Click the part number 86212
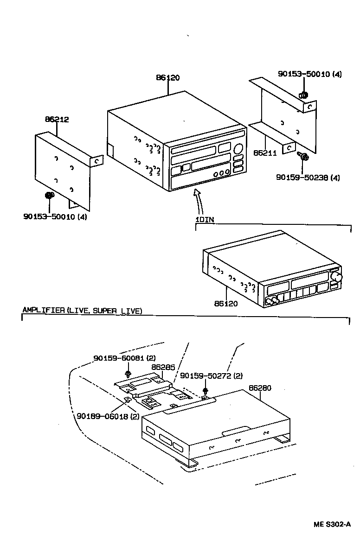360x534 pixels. point(57,120)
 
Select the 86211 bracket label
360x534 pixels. point(265,152)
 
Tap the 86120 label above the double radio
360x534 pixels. point(167,78)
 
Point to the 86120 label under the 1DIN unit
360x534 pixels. point(226,304)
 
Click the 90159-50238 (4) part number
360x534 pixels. point(309,177)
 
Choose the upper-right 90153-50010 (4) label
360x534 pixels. point(309,74)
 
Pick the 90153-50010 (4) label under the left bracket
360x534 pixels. point(55,216)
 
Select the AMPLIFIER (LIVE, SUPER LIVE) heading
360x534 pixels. point(82,311)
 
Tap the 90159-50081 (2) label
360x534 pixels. point(124,358)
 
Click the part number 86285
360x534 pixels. point(163,367)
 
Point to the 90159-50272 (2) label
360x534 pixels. point(211,375)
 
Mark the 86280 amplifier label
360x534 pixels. point(260,388)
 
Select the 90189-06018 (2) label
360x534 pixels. point(108,416)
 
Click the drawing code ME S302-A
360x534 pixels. point(331,524)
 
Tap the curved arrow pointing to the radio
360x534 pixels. point(198,199)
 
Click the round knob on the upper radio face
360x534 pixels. point(238,149)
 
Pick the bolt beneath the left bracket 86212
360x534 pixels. point(48,197)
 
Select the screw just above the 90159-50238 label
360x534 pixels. point(304,158)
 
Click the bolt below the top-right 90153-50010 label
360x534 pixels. point(303,95)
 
